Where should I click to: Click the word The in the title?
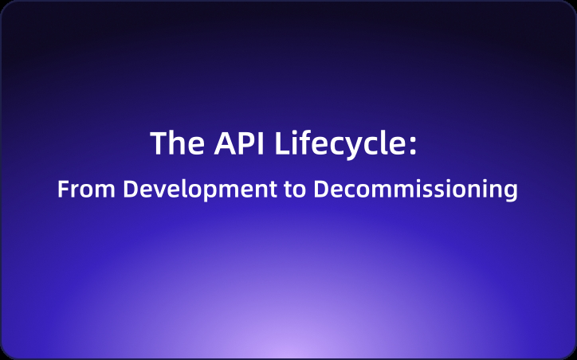coord(172,144)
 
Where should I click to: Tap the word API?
coord(236,144)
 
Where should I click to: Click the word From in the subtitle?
coord(80,190)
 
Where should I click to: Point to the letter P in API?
coord(239,144)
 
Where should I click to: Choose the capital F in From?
coord(63,190)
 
